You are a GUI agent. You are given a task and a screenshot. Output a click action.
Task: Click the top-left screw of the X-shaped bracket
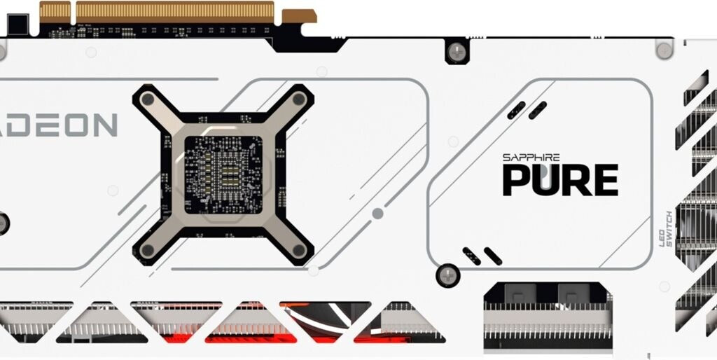147,99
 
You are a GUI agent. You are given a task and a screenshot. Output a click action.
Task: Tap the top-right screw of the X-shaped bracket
299,99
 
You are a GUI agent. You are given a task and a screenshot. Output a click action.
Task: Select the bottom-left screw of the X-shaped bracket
147,250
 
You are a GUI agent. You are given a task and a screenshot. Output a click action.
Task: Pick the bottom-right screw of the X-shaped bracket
299,250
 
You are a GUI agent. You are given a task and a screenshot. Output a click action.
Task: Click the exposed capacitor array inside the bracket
223,174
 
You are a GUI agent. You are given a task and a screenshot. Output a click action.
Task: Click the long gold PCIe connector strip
174,12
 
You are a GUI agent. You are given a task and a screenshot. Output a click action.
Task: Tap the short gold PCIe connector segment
55,12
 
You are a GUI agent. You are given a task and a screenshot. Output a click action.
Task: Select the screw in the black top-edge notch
457,50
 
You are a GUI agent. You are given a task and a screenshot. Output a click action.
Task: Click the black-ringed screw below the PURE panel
448,274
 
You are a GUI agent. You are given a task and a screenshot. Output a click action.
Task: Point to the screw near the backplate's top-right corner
663,48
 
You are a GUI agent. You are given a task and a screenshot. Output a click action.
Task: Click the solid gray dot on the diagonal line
377,214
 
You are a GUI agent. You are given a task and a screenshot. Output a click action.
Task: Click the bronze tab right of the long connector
299,15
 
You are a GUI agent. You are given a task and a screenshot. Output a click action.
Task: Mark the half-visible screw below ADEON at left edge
3,223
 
